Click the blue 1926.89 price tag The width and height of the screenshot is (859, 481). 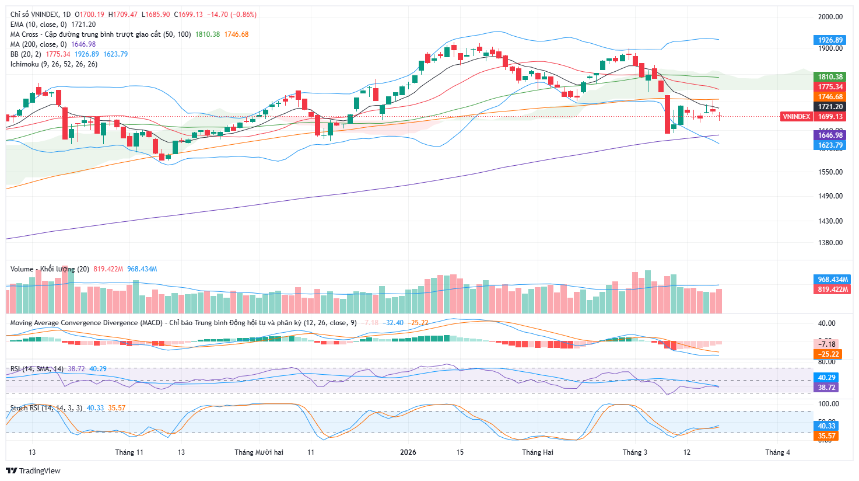pyautogui.click(x=830, y=40)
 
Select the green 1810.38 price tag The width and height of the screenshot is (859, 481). pyautogui.click(x=830, y=77)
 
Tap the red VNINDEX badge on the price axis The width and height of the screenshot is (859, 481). pyautogui.click(x=796, y=117)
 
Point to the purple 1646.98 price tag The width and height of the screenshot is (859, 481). pyautogui.click(x=830, y=135)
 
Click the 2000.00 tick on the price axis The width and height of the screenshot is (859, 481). pyautogui.click(x=830, y=17)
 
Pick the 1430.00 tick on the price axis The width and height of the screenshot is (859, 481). pyautogui.click(x=830, y=221)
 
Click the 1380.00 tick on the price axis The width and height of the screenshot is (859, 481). pyautogui.click(x=830, y=243)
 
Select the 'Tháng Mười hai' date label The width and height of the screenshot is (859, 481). pyautogui.click(x=259, y=452)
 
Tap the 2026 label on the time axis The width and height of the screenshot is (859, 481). pyautogui.click(x=408, y=452)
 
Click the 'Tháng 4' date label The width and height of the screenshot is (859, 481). pyautogui.click(x=777, y=452)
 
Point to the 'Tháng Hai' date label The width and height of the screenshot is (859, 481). pyautogui.click(x=538, y=452)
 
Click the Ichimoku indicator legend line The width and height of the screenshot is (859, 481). pyautogui.click(x=54, y=64)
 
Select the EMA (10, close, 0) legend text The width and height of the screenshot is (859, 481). pyautogui.click(x=52, y=25)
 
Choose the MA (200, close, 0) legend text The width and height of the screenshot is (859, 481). pyautogui.click(x=52, y=44)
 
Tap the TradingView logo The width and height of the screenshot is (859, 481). pyautogui.click(x=33, y=471)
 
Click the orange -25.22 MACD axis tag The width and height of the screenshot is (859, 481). pyautogui.click(x=827, y=354)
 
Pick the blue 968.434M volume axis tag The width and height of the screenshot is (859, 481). pyautogui.click(x=832, y=280)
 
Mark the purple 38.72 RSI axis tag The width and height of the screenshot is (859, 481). pyautogui.click(x=827, y=388)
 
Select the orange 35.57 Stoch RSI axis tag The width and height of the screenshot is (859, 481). pyautogui.click(x=827, y=436)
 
